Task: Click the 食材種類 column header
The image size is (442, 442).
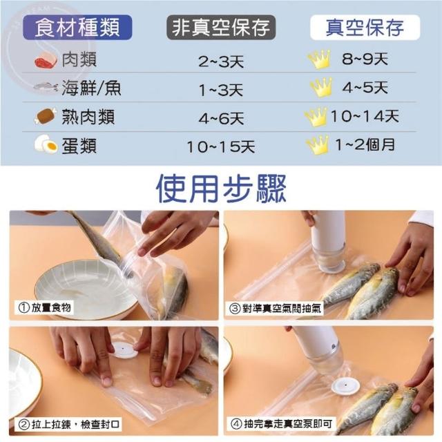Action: [77, 28]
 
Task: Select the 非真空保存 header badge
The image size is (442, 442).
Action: [221, 28]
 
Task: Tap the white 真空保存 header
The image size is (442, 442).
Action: [365, 28]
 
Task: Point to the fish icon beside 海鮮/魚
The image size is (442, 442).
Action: [46, 86]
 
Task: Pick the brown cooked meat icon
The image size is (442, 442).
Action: [45, 115]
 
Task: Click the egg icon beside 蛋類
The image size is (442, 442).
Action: [46, 144]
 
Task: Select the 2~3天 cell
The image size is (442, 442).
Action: [221, 61]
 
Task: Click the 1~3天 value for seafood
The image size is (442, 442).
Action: [221, 90]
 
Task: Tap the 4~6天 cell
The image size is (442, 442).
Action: [221, 118]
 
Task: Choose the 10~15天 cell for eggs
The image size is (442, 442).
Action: [221, 147]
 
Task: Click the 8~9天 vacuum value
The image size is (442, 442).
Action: [365, 59]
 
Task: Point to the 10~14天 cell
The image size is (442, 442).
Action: [365, 116]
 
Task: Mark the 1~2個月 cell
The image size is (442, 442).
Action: [365, 144]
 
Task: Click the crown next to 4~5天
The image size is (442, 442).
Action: [320, 87]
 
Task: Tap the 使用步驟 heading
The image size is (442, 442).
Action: [221, 189]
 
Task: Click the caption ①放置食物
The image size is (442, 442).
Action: [44, 307]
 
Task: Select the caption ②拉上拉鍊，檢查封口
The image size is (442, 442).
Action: [68, 424]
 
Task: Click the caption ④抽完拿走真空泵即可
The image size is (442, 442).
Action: [281, 423]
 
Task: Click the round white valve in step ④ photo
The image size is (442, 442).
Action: [345, 387]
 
